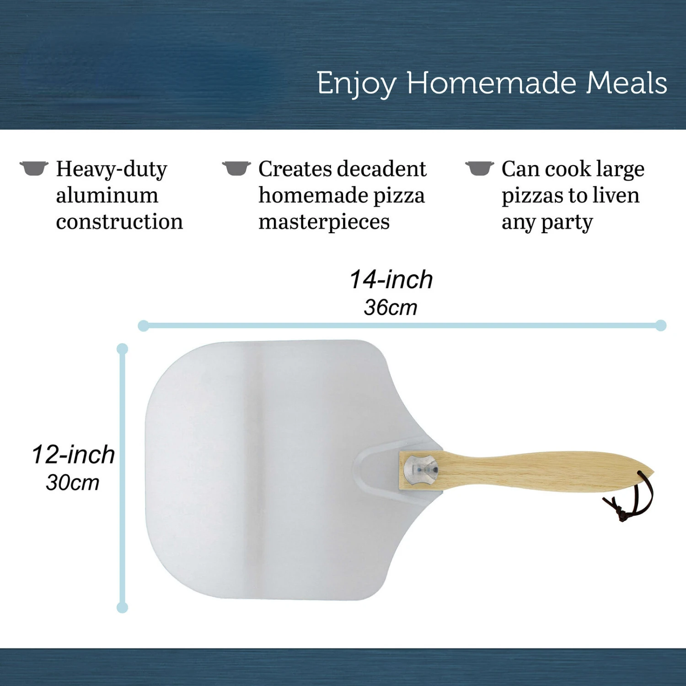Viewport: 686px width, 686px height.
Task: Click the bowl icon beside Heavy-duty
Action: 34,168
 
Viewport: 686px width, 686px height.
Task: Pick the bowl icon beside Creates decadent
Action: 236,168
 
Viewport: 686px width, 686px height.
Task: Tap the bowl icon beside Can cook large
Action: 480,168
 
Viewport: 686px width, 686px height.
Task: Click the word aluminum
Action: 107,195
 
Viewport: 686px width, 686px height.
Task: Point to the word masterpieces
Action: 324,223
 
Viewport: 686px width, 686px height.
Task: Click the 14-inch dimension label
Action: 391,279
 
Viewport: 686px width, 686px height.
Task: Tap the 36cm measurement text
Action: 391,307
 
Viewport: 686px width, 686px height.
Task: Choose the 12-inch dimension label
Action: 73,455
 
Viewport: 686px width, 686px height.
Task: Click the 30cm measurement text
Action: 73,482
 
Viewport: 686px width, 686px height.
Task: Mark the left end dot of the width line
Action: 143,326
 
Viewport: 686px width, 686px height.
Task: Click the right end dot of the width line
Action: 661,326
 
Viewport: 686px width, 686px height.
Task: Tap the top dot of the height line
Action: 122,349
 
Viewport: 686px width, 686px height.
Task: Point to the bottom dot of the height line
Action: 122,608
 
